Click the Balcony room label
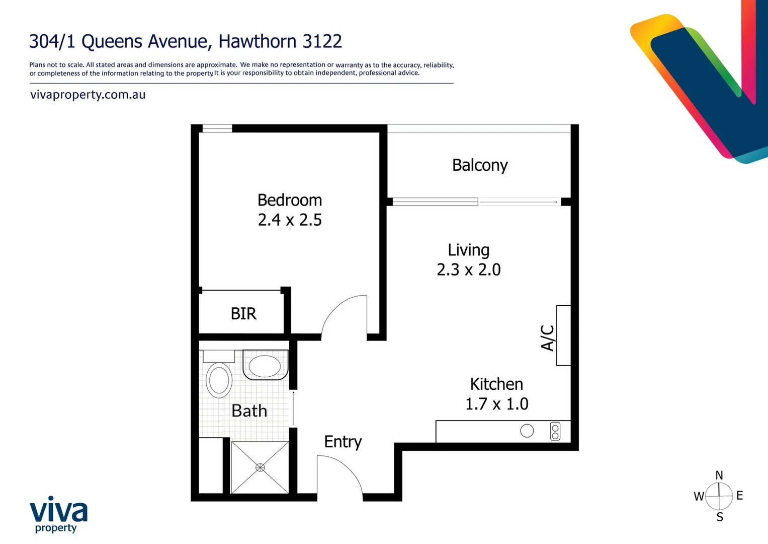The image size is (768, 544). [480, 165]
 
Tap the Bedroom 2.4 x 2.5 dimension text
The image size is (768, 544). [290, 220]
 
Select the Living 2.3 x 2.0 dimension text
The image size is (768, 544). [468, 269]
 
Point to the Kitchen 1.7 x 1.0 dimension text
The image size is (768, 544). [496, 404]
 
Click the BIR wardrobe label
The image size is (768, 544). [243, 314]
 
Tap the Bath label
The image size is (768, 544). [249, 411]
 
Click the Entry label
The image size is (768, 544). [343, 442]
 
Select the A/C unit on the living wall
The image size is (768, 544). [563, 335]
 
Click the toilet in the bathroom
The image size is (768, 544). [219, 379]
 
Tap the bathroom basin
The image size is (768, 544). [265, 366]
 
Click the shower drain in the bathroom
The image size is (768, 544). [260, 467]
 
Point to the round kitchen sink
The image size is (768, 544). [527, 431]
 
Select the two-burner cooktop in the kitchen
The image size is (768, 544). [555, 431]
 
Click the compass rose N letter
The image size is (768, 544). [719, 475]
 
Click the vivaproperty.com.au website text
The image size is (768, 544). [88, 95]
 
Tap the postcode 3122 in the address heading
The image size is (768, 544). [322, 41]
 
